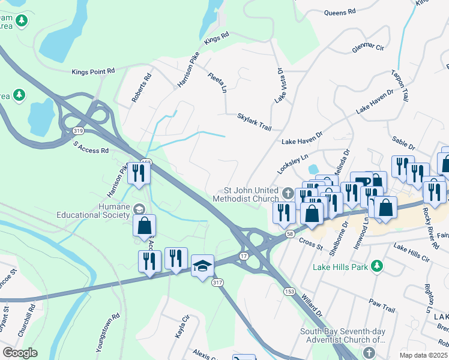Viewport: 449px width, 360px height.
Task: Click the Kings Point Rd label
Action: [x=93, y=71]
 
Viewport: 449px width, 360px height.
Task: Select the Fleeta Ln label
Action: [x=217, y=83]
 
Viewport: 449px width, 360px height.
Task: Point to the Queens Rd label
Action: [x=340, y=11]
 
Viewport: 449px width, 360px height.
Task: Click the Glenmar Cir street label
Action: [x=367, y=47]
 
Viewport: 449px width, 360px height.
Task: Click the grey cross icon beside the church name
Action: [x=288, y=193]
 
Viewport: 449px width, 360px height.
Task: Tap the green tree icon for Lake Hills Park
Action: [x=376, y=265]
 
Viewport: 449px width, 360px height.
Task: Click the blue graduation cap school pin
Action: [x=203, y=265]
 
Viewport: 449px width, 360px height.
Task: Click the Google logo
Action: [x=20, y=353]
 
